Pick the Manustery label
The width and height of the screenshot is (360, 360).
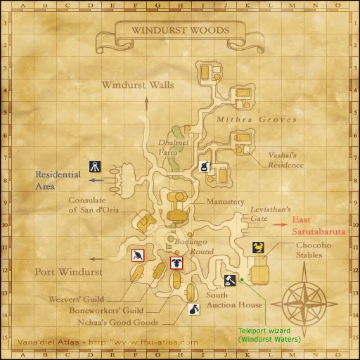tap(225, 202)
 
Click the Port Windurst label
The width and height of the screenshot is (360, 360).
tap(68, 271)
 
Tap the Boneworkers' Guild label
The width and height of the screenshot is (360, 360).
tap(106, 310)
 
